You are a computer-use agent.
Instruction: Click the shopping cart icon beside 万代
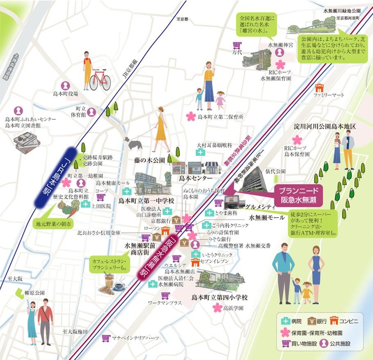237,45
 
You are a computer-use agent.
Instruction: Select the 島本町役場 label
66,93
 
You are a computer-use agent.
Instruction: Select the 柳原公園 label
34,293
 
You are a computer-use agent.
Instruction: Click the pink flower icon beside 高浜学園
216,308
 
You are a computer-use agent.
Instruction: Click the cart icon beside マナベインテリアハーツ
106,338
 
